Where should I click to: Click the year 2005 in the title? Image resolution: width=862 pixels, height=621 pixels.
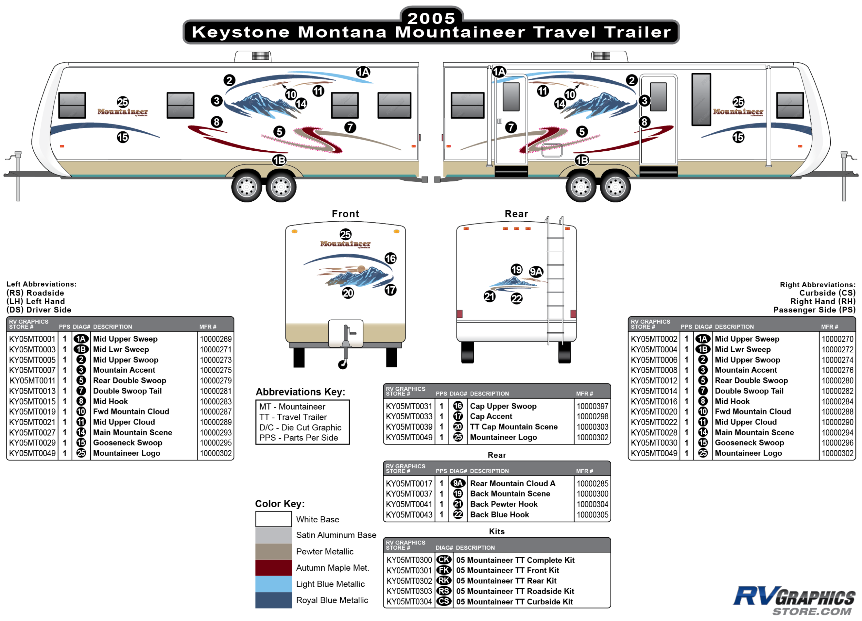431,18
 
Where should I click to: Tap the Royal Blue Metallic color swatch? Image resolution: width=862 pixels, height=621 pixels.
273,600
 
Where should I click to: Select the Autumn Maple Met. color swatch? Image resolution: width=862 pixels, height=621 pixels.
273,568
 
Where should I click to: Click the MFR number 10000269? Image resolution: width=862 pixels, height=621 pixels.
215,339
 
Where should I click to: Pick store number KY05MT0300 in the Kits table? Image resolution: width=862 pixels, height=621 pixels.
409,560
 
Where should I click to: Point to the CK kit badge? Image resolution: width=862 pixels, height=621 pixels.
443,560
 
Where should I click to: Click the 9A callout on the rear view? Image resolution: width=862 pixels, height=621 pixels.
536,271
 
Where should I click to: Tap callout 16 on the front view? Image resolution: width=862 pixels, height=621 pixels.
390,258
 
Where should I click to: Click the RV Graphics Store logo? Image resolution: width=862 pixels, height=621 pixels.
794,600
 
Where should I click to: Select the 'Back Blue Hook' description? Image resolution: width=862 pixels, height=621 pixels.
499,514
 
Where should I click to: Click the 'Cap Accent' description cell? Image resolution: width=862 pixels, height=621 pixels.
491,417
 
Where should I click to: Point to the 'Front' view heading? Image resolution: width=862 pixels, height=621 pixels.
345,214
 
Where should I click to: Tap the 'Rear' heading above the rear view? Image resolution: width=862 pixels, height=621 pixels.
516,214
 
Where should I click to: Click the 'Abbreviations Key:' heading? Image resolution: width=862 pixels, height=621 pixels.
300,392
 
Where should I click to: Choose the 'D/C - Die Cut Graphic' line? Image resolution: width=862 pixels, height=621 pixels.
300,428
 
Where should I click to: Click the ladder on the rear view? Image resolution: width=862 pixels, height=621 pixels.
555,281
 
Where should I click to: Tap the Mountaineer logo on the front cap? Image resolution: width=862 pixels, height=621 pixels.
345,244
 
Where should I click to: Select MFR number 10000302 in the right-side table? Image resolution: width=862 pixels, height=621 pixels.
837,453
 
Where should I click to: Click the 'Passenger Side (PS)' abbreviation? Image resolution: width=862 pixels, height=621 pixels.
814,310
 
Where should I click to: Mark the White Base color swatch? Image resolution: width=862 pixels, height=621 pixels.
273,519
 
